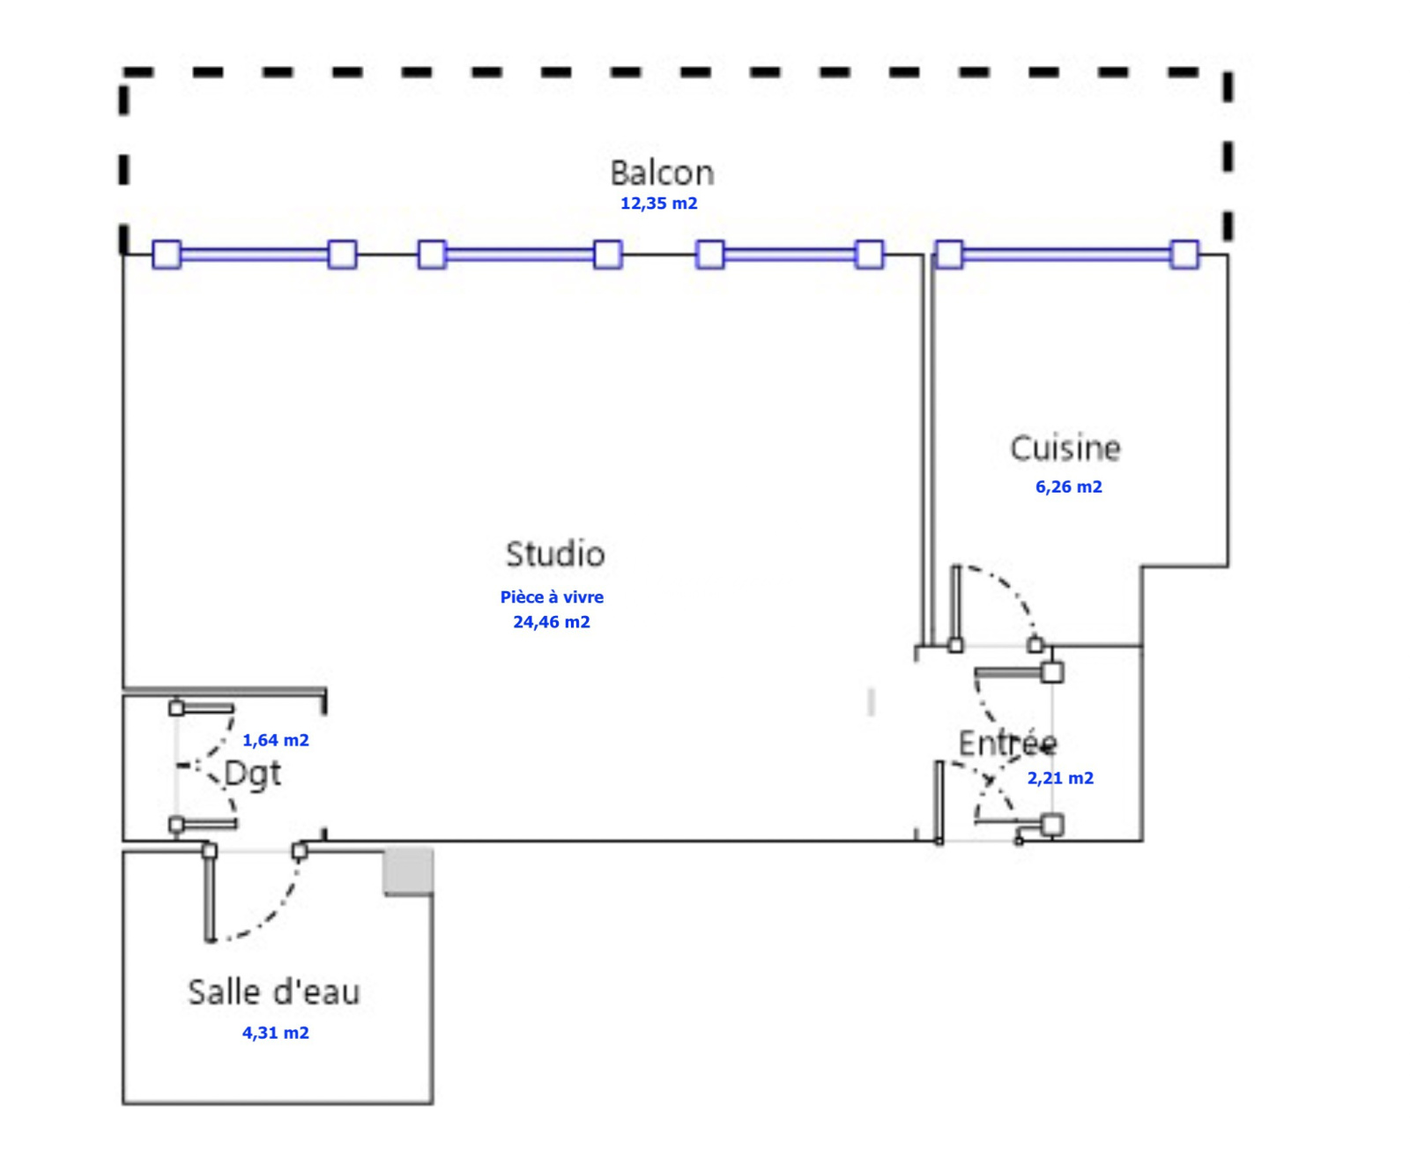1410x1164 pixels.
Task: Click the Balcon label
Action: (662, 173)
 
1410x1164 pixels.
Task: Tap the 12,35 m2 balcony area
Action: (658, 204)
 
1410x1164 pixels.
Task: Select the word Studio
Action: (555, 554)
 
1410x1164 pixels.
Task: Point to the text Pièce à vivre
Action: (552, 597)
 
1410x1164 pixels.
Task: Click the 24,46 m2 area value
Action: (552, 622)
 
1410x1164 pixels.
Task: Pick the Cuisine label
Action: (1065, 449)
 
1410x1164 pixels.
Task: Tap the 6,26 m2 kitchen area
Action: (1068, 487)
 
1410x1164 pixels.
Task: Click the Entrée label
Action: (1006, 744)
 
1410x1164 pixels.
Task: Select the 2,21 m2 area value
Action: (1060, 778)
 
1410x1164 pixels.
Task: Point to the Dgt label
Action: (253, 774)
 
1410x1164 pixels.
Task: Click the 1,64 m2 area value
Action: (276, 740)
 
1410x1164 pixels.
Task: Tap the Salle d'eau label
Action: (274, 992)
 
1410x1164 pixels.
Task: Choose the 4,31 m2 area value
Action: (276, 1033)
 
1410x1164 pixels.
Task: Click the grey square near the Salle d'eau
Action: (408, 871)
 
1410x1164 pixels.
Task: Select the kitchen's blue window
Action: (1066, 255)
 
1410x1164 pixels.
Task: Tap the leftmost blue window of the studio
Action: (255, 255)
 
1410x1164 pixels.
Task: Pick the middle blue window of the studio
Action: (519, 255)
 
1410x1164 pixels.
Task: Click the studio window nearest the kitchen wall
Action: (790, 255)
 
